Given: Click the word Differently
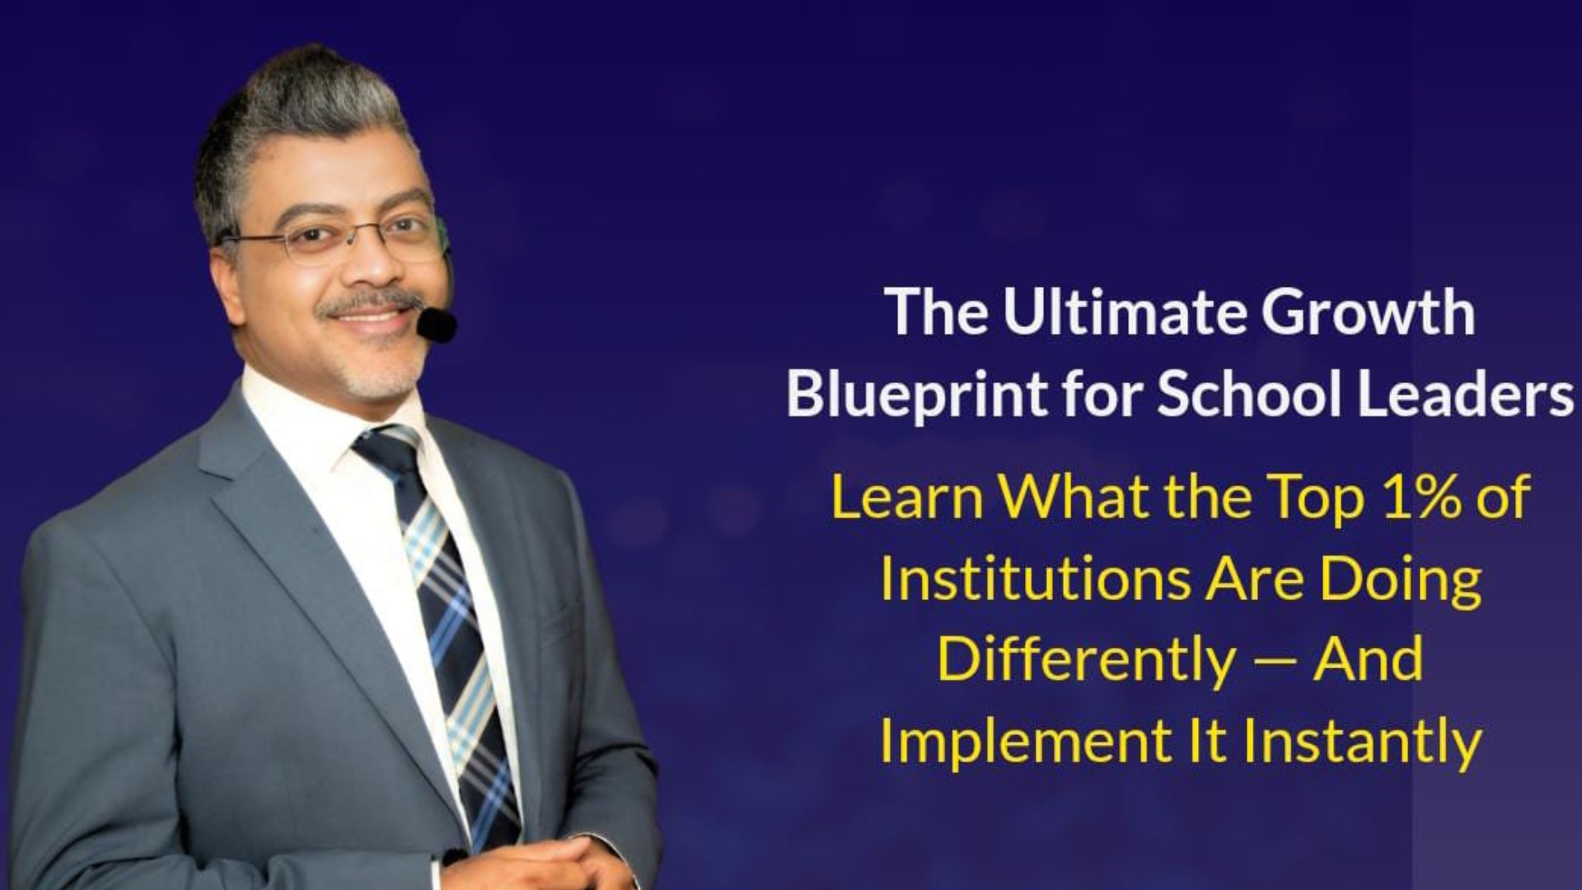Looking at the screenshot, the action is pyautogui.click(x=1086, y=660).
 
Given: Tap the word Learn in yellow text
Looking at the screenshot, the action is pyautogui.click(x=906, y=497).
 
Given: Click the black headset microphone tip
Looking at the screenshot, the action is pyautogui.click(x=437, y=325).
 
